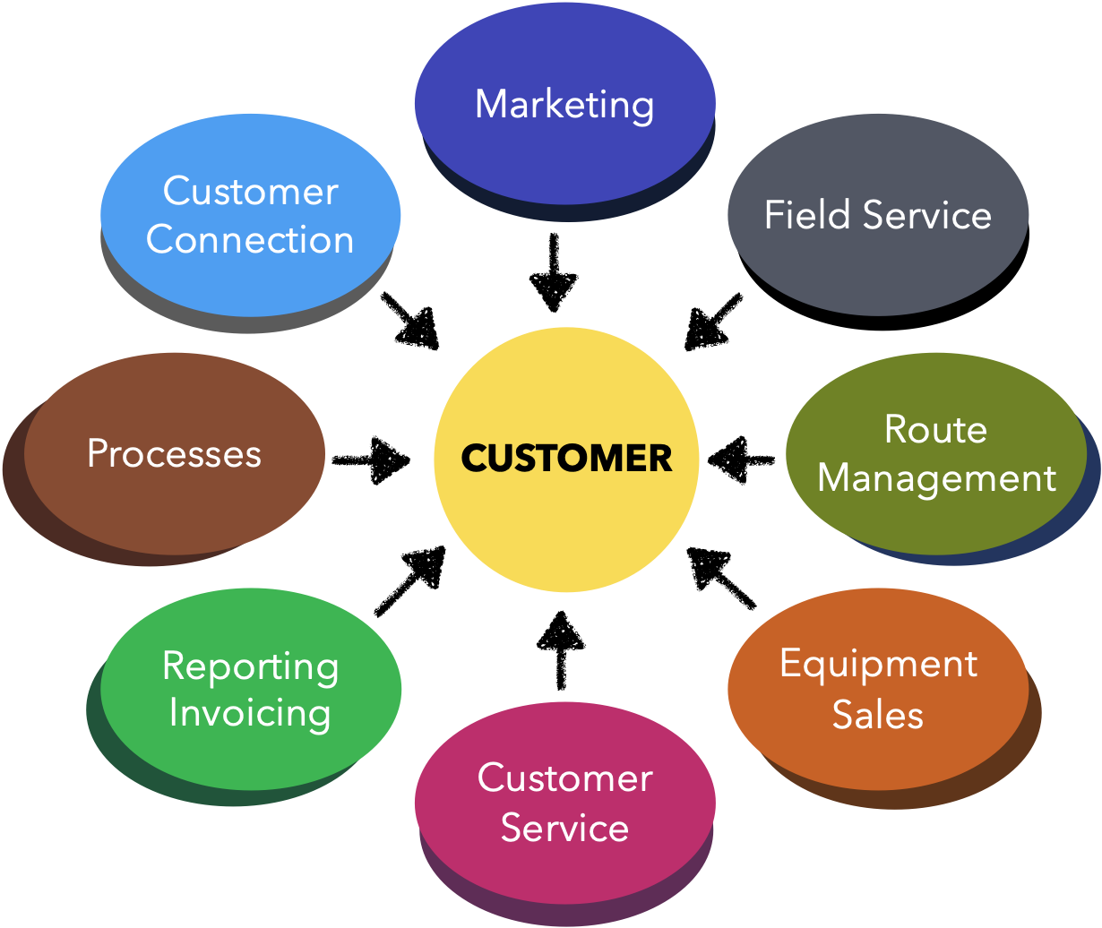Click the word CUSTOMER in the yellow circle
click(566, 459)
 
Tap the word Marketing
click(564, 105)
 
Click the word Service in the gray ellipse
click(927, 215)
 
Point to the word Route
click(935, 429)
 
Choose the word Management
click(937, 477)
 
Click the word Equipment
click(878, 666)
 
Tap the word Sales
click(878, 714)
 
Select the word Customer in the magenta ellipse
click(564, 778)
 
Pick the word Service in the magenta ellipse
click(564, 827)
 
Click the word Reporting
click(251, 667)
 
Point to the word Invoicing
click(250, 713)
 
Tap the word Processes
click(174, 453)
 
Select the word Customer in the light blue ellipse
click(250, 192)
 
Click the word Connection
click(250, 240)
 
